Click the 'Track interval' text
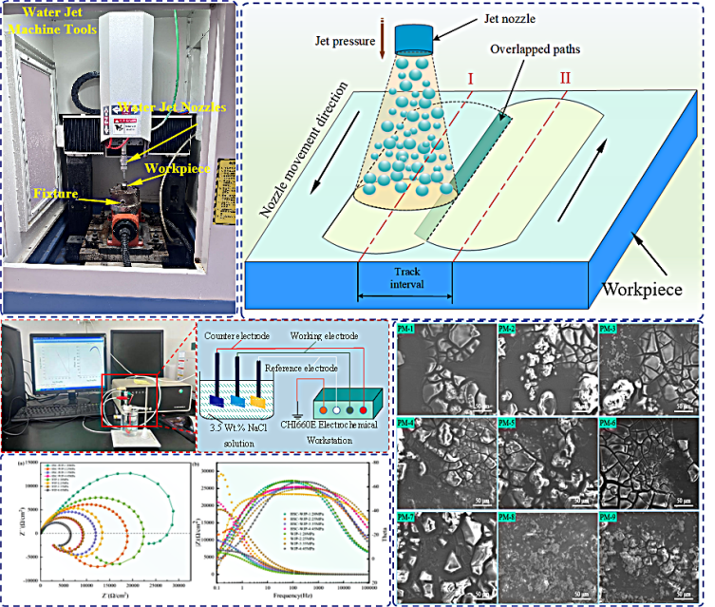[x=405, y=278]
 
